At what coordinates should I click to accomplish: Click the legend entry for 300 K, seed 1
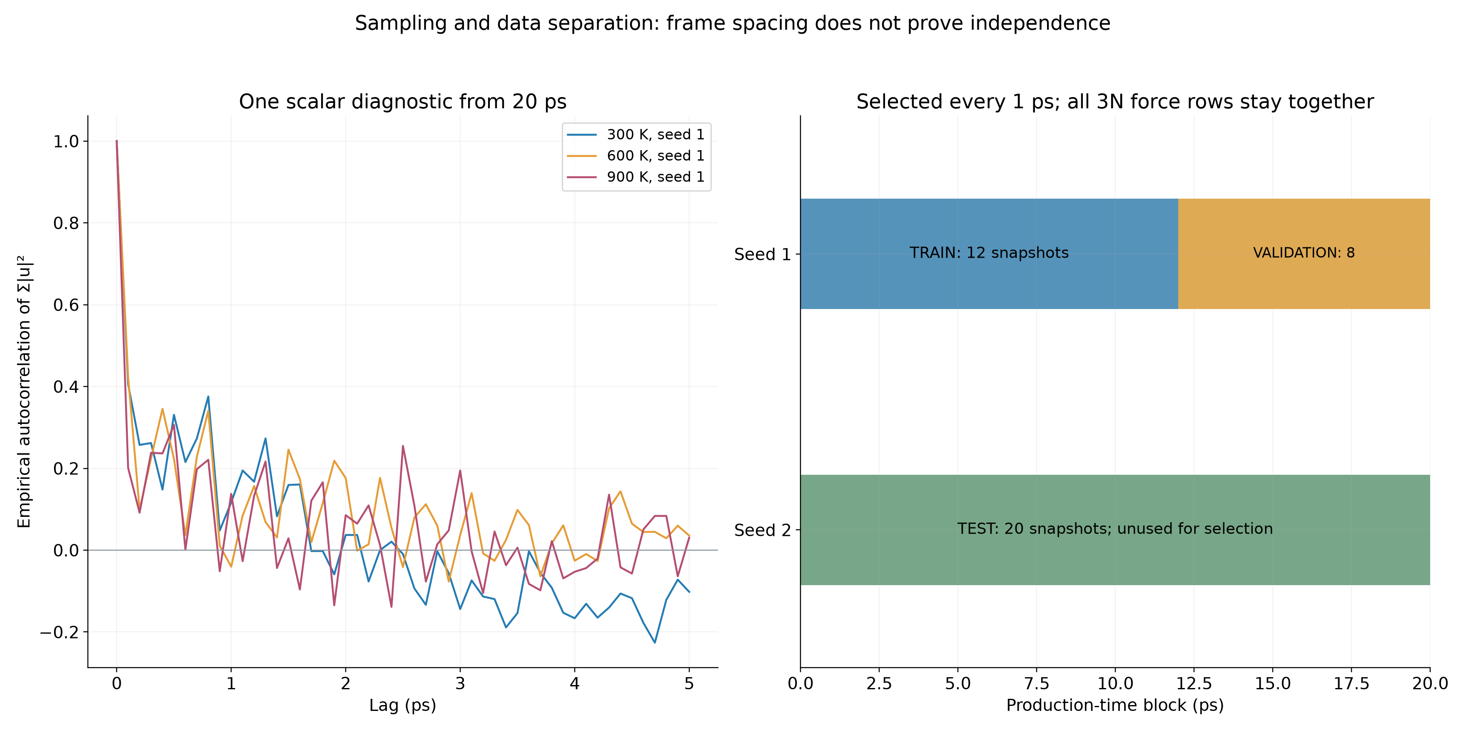click(x=636, y=134)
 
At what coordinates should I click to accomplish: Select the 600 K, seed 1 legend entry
click(x=636, y=155)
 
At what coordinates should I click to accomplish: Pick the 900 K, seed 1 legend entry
click(x=636, y=177)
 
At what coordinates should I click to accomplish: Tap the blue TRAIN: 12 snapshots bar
click(x=989, y=254)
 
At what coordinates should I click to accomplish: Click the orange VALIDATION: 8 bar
click(x=1304, y=254)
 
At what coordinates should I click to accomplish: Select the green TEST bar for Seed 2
click(x=1115, y=530)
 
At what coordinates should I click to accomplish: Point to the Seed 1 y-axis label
click(x=763, y=254)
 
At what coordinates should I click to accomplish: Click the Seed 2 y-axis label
click(x=763, y=531)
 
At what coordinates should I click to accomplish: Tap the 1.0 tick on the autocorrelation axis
click(x=66, y=141)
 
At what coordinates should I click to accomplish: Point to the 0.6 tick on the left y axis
click(x=66, y=305)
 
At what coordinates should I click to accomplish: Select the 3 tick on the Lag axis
click(x=460, y=683)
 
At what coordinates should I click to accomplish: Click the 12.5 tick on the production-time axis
click(x=1194, y=683)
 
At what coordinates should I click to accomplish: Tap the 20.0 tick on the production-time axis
click(x=1430, y=683)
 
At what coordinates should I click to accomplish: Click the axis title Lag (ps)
click(x=403, y=706)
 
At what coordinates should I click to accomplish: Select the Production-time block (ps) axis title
click(x=1115, y=706)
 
